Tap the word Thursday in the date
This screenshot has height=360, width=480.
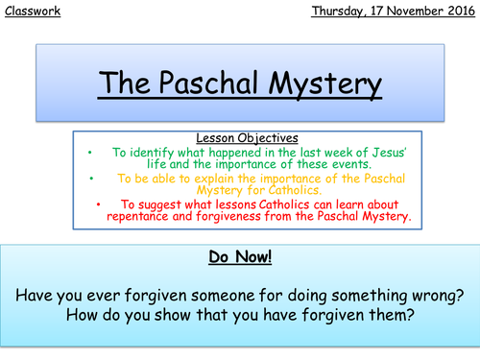point(342,12)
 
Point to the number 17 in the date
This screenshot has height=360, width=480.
point(384,12)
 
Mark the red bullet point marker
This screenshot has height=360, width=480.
point(101,204)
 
